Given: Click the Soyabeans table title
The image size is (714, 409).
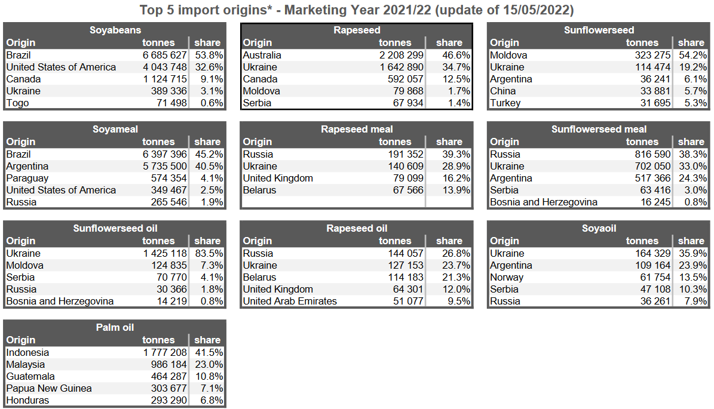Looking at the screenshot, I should coord(115,30).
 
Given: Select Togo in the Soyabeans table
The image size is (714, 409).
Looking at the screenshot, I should coord(17,103).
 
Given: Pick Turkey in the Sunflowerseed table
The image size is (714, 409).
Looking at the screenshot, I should coord(505,103).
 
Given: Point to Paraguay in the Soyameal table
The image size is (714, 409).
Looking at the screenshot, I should coord(27,178).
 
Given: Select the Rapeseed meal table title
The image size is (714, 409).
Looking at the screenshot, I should coord(357,129).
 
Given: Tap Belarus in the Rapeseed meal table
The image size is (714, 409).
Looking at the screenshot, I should coord(259,190).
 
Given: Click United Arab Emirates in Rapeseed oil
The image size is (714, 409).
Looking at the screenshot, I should coord(290,301).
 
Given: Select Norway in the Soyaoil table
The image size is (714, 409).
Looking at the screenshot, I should coord(507,277).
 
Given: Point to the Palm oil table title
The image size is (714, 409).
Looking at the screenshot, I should coord(115,327).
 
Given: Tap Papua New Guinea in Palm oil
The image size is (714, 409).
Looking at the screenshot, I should coord(49,388).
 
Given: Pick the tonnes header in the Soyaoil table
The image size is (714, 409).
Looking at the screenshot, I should coord(642,241).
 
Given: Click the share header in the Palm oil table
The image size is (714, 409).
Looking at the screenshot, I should coord(207,340).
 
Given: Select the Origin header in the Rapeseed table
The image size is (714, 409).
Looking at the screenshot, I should coord(258,42).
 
